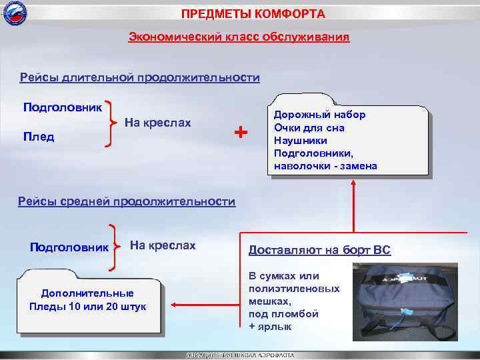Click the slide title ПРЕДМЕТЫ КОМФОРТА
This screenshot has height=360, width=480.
253,14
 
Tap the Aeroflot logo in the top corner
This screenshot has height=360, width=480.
13,13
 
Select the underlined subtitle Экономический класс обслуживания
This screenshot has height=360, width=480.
239,37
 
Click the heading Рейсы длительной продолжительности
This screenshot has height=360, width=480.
139,78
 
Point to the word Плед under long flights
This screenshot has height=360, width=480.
39,137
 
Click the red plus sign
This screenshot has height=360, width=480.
241,133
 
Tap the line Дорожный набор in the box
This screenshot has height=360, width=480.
319,115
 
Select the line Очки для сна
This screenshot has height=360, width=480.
309,127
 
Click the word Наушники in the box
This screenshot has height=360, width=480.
301,140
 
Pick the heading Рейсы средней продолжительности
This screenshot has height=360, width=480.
127,201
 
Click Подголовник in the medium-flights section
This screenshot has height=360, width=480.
69,247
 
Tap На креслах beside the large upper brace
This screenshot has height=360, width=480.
158,123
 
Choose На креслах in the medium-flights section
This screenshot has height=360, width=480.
163,245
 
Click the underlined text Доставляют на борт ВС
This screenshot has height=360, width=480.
319,251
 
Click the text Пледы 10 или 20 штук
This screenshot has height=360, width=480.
87,306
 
